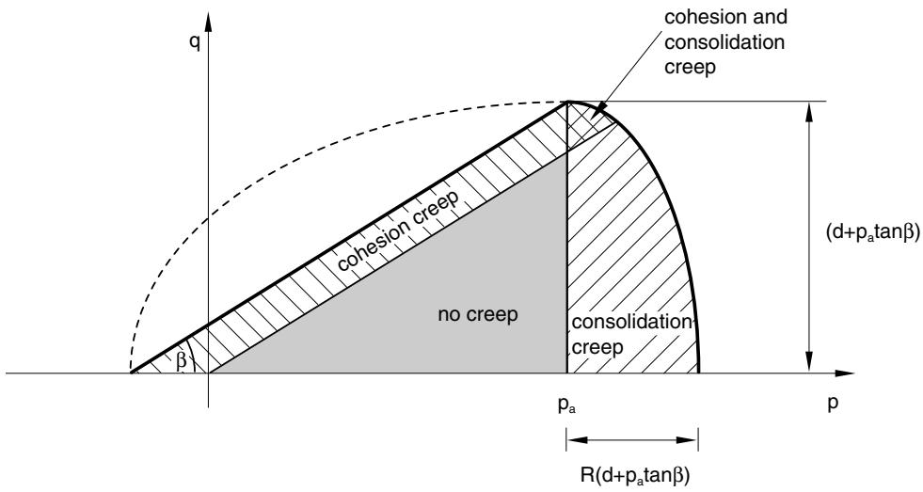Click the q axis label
tap(194, 45)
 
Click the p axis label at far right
tap(833, 405)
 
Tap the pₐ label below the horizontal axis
tap(567, 406)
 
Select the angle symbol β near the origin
tap(182, 361)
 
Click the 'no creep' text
tap(478, 314)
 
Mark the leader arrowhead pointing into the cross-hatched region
tap(601, 109)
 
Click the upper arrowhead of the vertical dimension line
tap(809, 112)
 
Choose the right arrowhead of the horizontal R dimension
tap(687, 440)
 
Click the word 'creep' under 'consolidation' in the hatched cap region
tap(597, 348)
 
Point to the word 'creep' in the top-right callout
tap(690, 68)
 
